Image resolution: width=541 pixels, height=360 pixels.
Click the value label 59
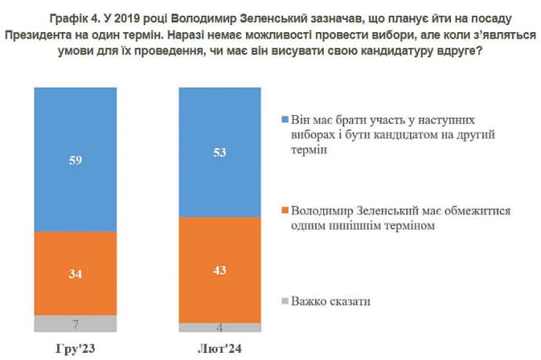[75, 161]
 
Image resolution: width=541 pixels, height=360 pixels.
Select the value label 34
[75, 274]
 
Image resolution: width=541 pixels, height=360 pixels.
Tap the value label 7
[75, 323]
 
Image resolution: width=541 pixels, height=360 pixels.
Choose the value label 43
[220, 269]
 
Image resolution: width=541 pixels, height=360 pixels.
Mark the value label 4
[220, 327]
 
